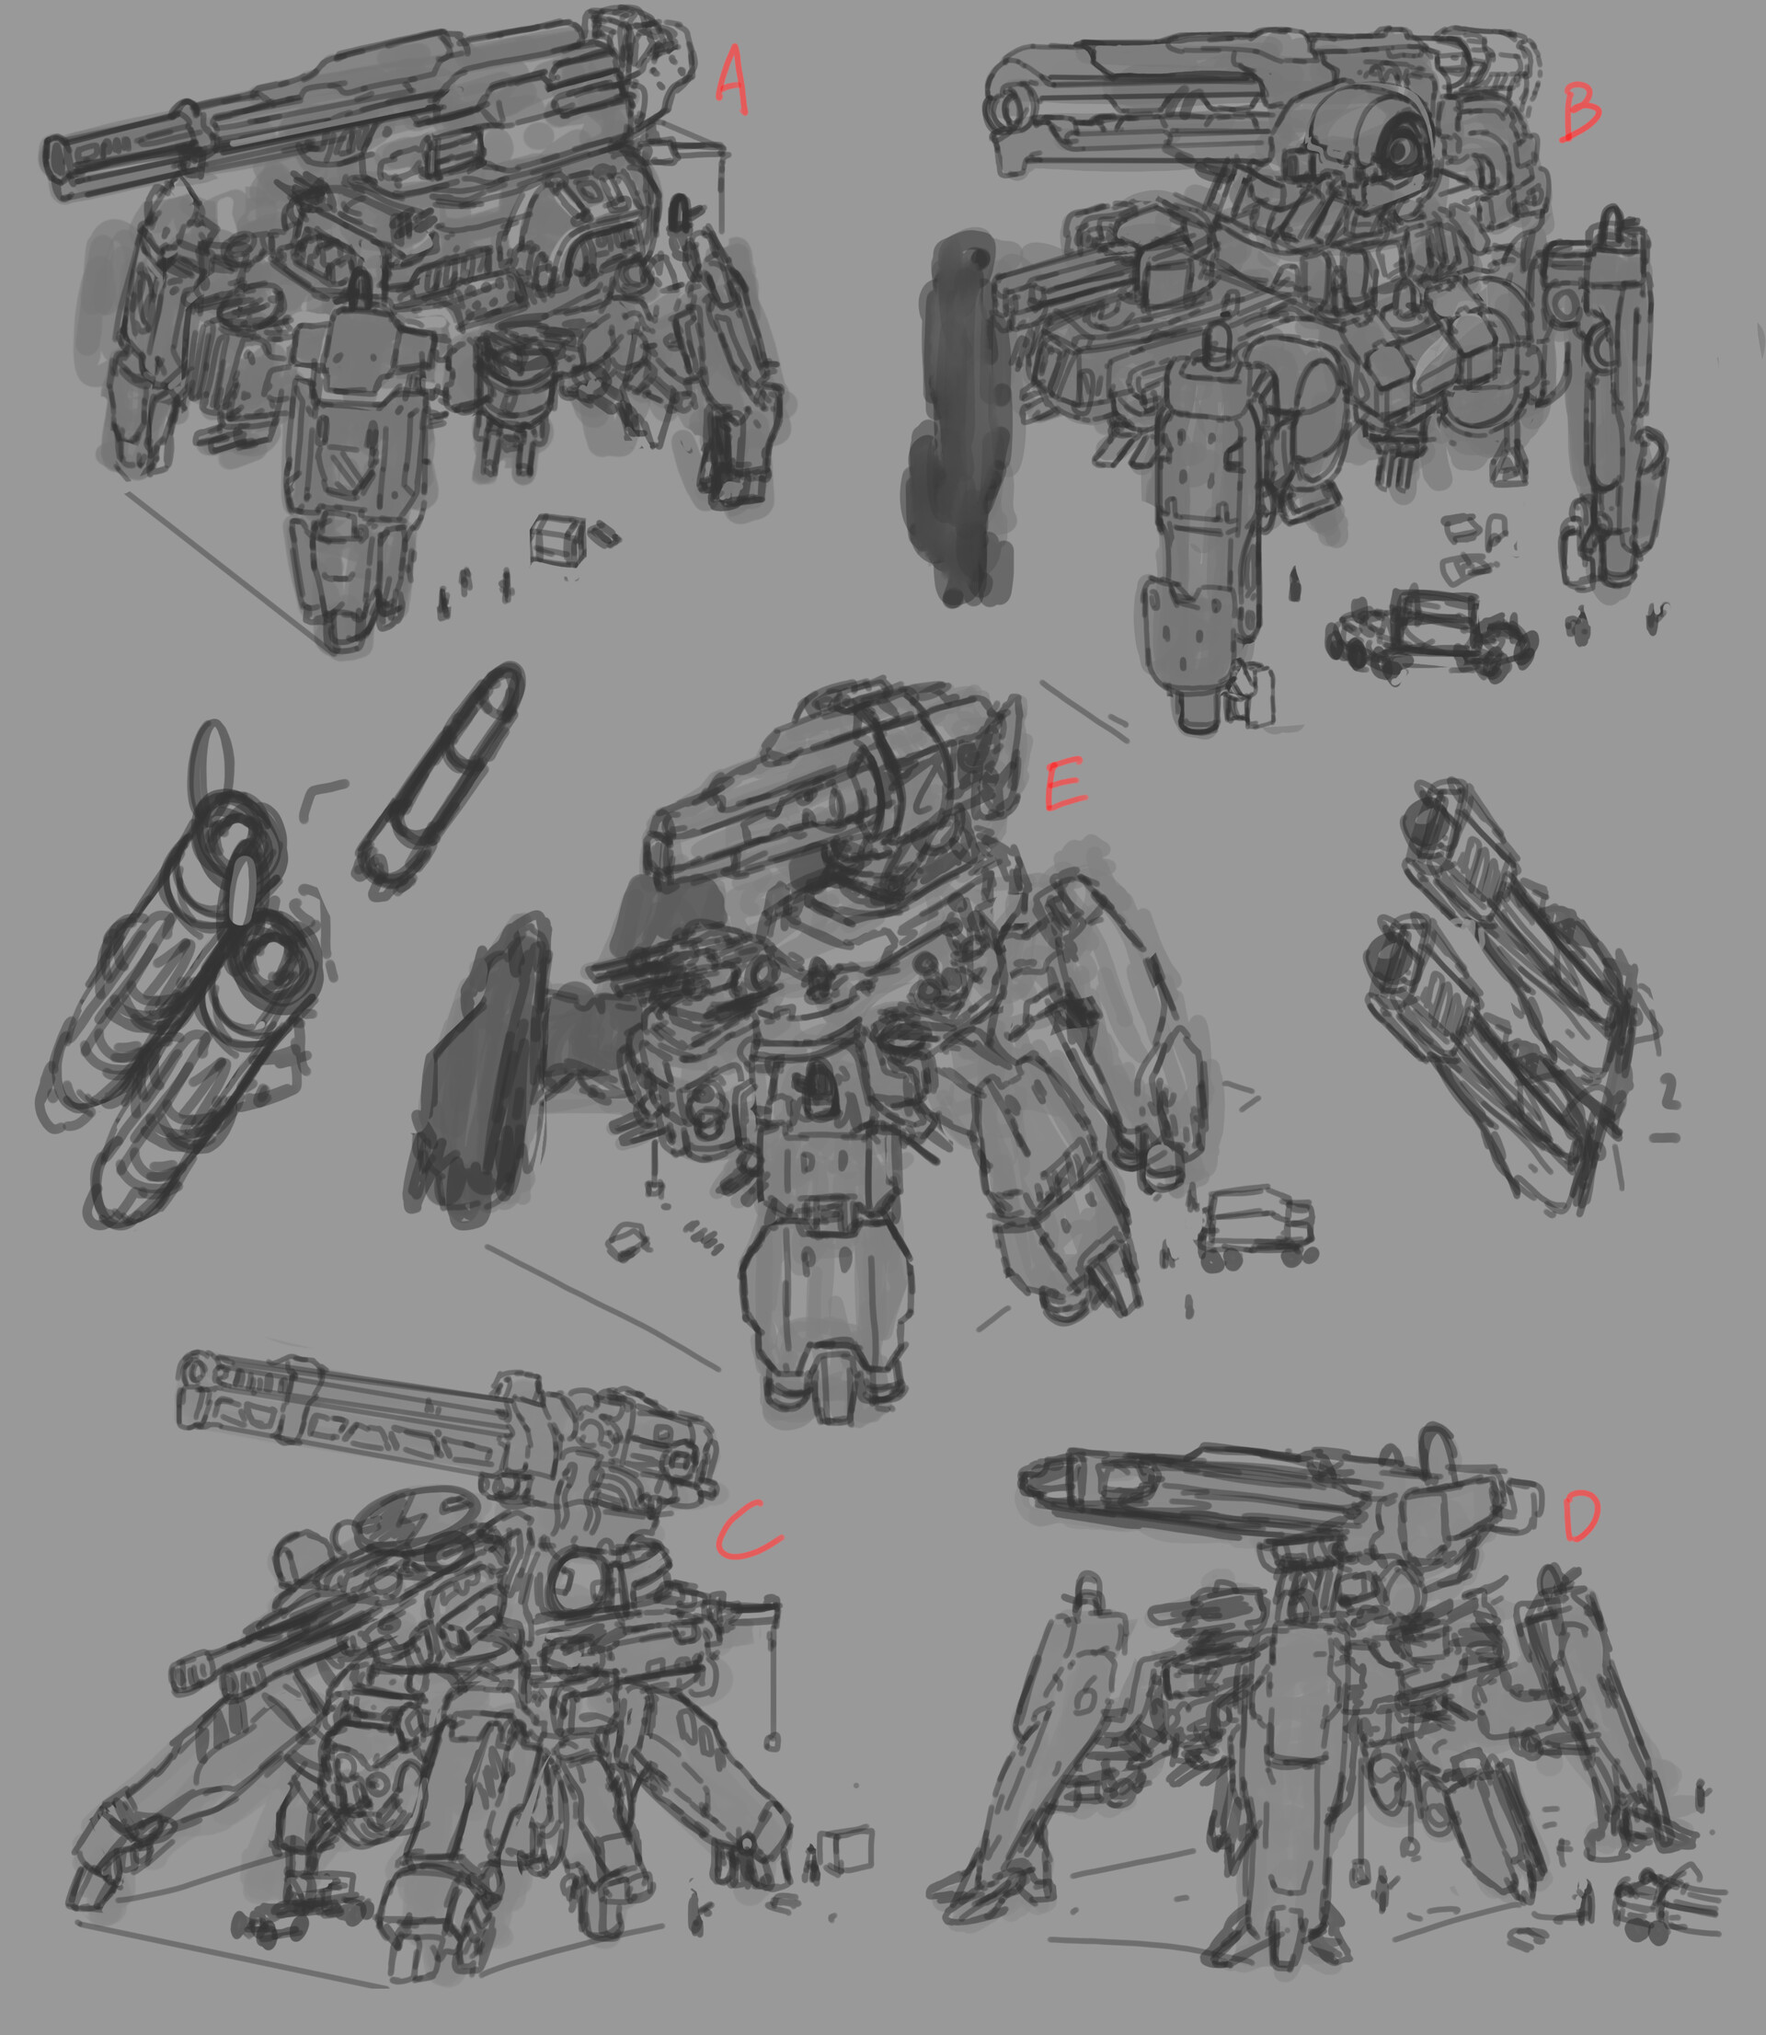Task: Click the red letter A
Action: [x=730, y=79]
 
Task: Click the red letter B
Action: [x=1580, y=111]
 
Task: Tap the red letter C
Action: [x=746, y=1531]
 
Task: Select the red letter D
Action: [x=1582, y=1518]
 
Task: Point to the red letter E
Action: [x=1064, y=786]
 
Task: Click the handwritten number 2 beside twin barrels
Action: [x=1668, y=1092]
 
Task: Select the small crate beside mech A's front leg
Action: [x=556, y=539]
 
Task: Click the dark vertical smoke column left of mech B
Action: [x=961, y=414]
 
